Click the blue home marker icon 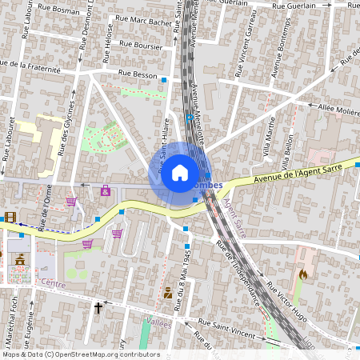pos(180,173)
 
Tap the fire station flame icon pos(302,274)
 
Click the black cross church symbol pos(99,307)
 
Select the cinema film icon pos(10,217)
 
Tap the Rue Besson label pos(137,73)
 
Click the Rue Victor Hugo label pos(287,300)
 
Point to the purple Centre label pos(53,283)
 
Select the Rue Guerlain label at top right pos(295,6)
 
